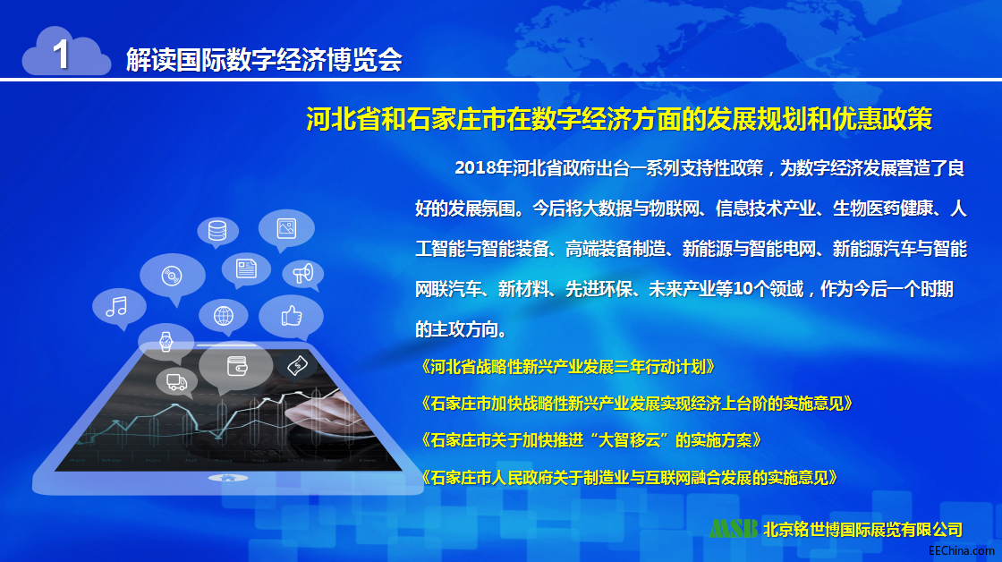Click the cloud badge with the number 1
click(66, 53)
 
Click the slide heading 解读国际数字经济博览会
click(264, 60)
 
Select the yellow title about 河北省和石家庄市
click(619, 119)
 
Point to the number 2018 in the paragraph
click(475, 168)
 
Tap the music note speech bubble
click(119, 309)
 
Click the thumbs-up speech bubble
click(292, 317)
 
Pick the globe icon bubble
click(223, 317)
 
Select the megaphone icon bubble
click(303, 275)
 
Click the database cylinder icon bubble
click(217, 232)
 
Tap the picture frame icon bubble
click(286, 229)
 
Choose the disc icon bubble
click(173, 277)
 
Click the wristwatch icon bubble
click(166, 342)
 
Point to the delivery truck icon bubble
click(176, 382)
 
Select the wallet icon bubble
click(236, 367)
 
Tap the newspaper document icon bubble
click(246, 269)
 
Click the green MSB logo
click(735, 529)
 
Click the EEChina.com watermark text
click(962, 550)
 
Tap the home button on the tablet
click(228, 478)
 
